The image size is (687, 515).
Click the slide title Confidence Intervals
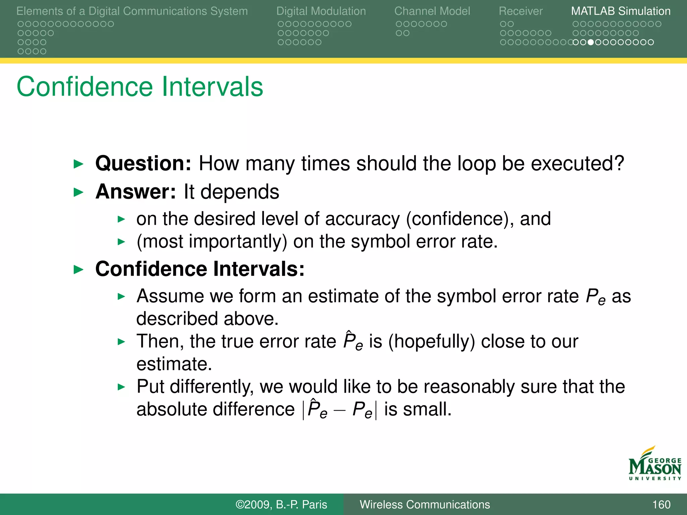tap(140, 87)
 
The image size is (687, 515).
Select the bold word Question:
tap(143, 163)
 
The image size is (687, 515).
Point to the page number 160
tap(661, 505)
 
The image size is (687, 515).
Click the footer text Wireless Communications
tap(425, 505)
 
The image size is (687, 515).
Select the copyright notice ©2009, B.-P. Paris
tap(281, 505)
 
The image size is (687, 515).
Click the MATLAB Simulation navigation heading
tap(621, 11)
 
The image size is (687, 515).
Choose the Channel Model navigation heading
tap(432, 11)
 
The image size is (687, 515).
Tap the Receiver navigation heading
tap(521, 11)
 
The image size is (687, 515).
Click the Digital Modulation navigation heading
tap(321, 11)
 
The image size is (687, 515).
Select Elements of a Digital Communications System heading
tap(132, 11)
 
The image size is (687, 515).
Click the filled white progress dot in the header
tap(591, 42)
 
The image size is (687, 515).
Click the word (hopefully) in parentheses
tap(432, 341)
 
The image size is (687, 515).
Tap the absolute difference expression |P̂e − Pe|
tap(340, 410)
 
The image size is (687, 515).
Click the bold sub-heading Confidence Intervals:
tap(200, 269)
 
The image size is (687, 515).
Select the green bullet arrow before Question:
tap(78, 164)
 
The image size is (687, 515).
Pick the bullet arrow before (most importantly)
tap(121, 242)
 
